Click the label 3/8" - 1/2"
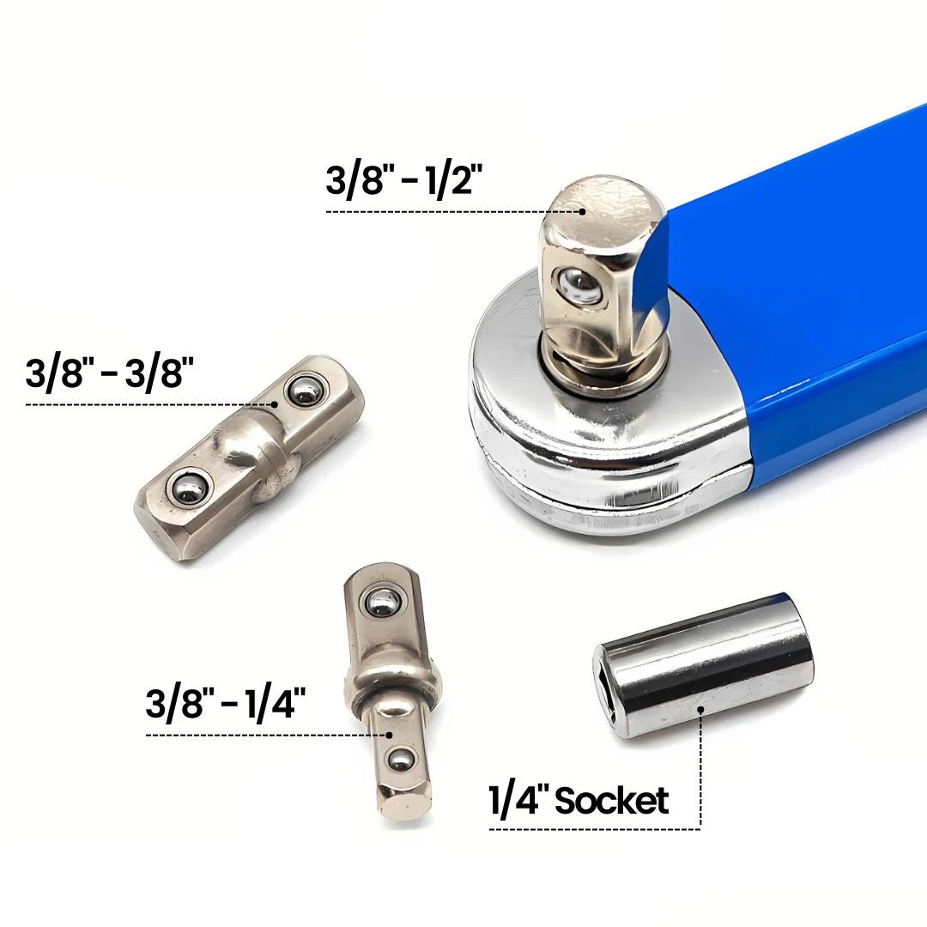tap(404, 181)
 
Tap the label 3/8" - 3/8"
tap(110, 374)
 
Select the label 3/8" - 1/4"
tap(226, 705)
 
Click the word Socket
tap(611, 801)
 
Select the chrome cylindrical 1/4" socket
tap(704, 665)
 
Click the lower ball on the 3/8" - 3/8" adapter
tap(186, 490)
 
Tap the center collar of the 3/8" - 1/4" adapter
tap(392, 682)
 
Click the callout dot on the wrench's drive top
tap(582, 210)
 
